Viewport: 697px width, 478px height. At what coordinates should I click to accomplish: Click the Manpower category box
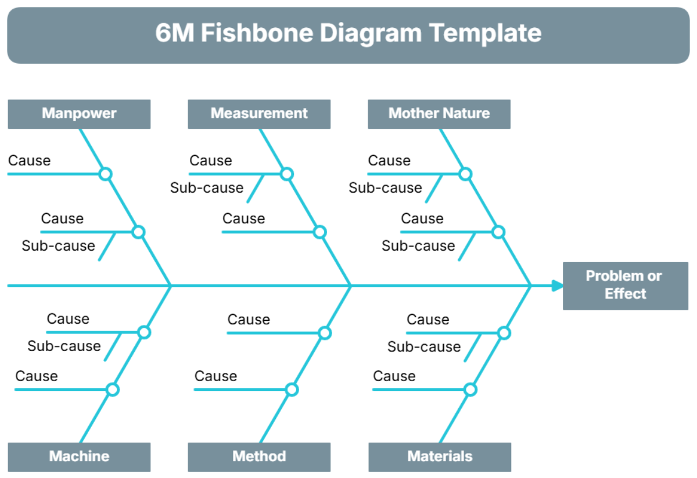point(79,114)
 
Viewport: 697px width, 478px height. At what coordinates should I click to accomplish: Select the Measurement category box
point(259,114)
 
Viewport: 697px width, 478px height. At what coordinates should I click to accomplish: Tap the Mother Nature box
point(439,114)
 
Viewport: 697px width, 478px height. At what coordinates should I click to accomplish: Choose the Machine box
point(79,457)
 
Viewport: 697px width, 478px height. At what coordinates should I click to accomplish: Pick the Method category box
point(259,457)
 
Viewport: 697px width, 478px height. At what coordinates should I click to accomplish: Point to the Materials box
point(440,457)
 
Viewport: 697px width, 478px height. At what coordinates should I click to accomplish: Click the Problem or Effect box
point(625,285)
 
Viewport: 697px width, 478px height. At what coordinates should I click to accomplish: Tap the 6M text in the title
point(174,33)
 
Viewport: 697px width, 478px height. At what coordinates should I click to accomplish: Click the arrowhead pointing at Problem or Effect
point(558,285)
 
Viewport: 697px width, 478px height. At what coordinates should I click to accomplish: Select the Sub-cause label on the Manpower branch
point(58,246)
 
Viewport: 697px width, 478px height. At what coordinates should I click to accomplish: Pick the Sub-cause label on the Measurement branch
point(207,188)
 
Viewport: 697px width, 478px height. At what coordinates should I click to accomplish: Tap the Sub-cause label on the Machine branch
point(64,346)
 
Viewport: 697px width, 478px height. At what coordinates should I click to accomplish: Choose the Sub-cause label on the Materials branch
point(424,347)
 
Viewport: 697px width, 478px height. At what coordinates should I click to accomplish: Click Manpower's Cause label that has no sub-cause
point(29,161)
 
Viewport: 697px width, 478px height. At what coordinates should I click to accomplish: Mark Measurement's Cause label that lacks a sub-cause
point(243,219)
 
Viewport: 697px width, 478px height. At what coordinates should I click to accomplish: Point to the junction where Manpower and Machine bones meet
point(171,285)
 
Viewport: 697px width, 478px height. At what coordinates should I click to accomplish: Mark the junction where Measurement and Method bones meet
point(351,285)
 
